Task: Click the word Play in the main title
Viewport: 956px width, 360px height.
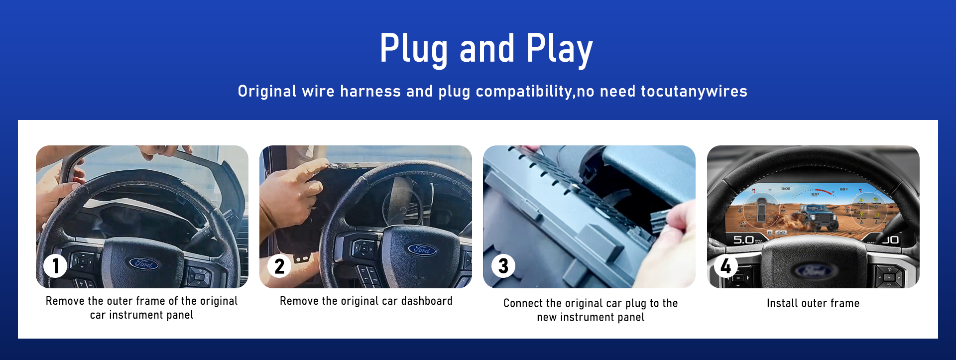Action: (x=559, y=49)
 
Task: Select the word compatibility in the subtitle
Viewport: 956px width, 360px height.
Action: (x=524, y=92)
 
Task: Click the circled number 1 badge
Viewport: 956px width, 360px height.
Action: (x=55, y=266)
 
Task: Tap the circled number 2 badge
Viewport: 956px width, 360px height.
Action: (x=279, y=266)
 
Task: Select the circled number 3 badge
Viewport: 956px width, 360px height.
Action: (x=503, y=266)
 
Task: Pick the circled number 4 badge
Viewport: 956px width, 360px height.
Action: (x=726, y=266)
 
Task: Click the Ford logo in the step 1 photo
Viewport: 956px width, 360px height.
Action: (x=144, y=263)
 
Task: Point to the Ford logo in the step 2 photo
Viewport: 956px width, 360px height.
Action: (x=422, y=249)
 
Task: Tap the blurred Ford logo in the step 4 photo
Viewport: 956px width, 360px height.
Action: (x=813, y=271)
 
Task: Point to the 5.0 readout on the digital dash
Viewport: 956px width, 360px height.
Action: (x=743, y=240)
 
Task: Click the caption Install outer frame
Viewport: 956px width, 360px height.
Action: (x=813, y=303)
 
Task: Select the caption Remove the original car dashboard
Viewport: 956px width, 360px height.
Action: (x=366, y=301)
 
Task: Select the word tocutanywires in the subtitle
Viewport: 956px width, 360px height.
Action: (x=694, y=91)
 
